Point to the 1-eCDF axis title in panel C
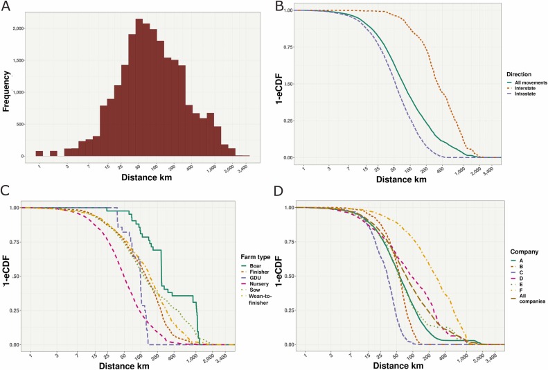click(7, 275)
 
